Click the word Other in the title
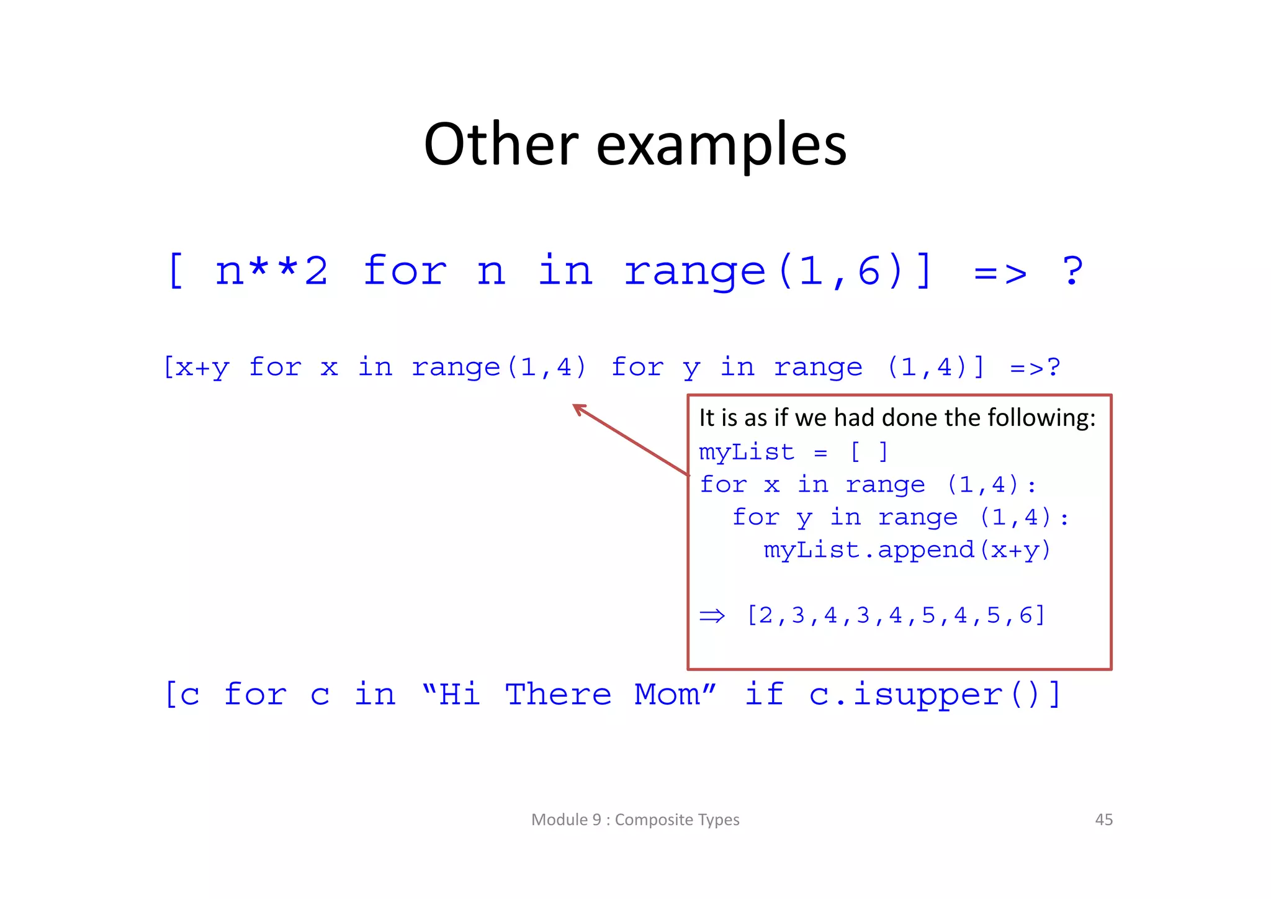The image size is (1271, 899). point(501,145)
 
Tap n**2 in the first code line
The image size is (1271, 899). point(271,271)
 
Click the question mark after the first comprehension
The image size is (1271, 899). point(1072,271)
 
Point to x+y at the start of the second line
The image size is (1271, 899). point(203,368)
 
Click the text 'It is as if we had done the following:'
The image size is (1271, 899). point(897,417)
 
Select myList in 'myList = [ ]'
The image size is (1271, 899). point(746,452)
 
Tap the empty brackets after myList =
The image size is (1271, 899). point(869,452)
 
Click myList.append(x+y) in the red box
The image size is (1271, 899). point(907,550)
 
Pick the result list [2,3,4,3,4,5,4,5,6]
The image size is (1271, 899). point(896,615)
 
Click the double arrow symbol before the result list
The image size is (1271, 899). point(712,616)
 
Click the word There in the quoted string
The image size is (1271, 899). point(558,694)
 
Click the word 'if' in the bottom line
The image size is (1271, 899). point(763,693)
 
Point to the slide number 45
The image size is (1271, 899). point(1103,820)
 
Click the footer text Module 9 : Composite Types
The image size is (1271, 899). point(635,820)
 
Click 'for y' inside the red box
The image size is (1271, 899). point(771,518)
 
